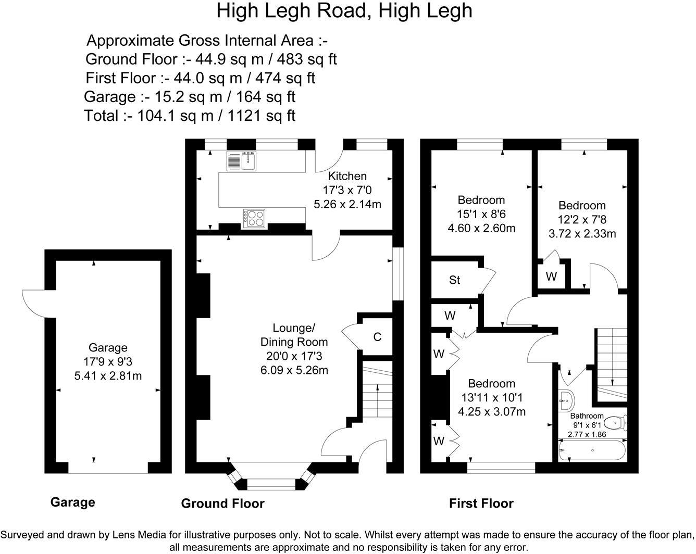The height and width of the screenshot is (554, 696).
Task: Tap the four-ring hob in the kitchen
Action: pyautogui.click(x=254, y=218)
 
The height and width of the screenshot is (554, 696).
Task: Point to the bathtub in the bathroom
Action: pyautogui.click(x=592, y=451)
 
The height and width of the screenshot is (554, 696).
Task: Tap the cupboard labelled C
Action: pyautogui.click(x=377, y=337)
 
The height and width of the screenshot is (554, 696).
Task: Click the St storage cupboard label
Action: pyautogui.click(x=454, y=280)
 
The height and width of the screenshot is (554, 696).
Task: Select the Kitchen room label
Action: pyautogui.click(x=347, y=176)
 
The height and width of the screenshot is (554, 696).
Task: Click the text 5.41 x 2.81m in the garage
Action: pyautogui.click(x=108, y=375)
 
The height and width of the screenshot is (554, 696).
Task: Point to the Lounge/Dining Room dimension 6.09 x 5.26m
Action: pyautogui.click(x=294, y=370)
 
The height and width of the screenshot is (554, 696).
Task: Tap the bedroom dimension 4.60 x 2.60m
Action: pyautogui.click(x=481, y=228)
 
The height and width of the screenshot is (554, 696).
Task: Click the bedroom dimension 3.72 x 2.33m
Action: pyautogui.click(x=582, y=234)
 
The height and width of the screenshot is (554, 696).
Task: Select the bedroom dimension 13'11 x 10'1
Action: pyautogui.click(x=491, y=398)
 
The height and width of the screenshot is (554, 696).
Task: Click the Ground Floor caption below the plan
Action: pyautogui.click(x=222, y=503)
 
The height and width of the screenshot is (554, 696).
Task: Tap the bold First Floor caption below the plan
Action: pyautogui.click(x=481, y=503)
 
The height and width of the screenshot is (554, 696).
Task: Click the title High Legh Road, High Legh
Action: pyautogui.click(x=344, y=10)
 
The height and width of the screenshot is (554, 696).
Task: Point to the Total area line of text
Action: pyautogui.click(x=190, y=115)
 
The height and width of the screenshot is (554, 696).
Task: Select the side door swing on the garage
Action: pyautogui.click(x=34, y=303)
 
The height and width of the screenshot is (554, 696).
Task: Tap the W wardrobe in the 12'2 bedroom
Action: pyautogui.click(x=551, y=276)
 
